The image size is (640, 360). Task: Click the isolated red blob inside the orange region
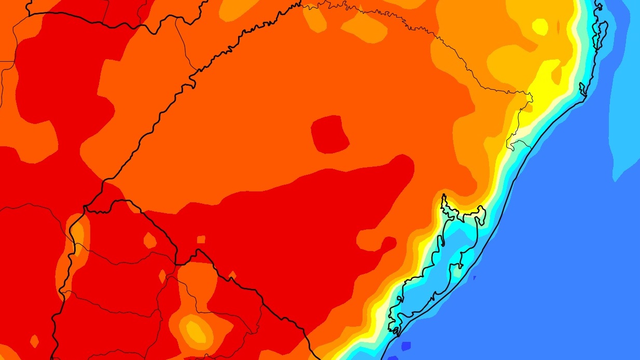coord(329,134)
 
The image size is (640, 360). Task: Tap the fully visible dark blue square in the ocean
coord(406,345)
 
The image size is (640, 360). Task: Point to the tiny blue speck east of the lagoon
coord(474,278)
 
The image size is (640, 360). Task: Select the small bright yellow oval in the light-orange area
coord(540,26)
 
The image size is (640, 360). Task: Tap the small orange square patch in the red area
coord(201,239)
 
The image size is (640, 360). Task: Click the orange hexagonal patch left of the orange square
coord(150,240)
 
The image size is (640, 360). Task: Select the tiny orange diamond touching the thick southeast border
coord(232,274)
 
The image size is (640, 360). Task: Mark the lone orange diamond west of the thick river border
coord(35,341)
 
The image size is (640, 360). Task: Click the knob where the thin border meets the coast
coord(529,96)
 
